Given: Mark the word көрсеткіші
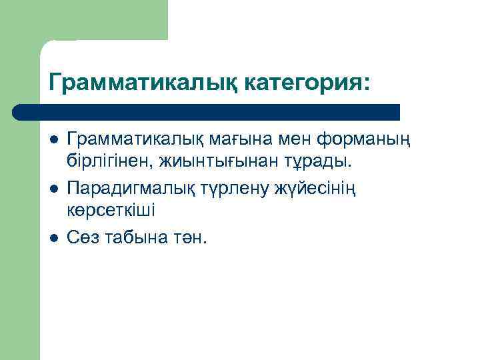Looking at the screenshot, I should point(111,209).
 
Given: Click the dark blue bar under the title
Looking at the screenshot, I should point(207,111).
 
